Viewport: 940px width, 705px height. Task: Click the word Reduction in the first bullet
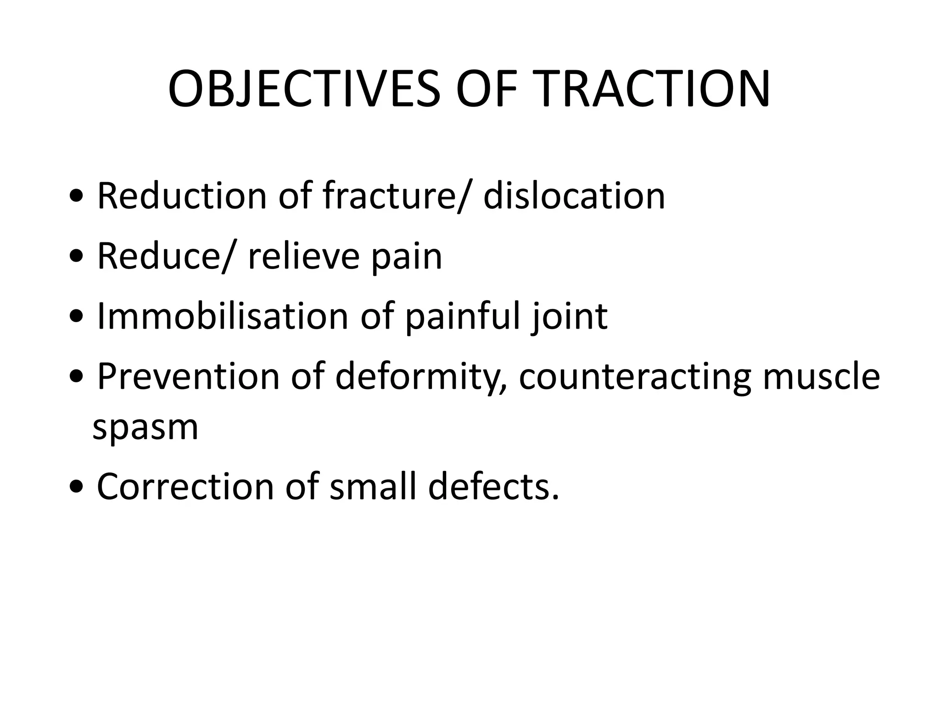click(x=182, y=196)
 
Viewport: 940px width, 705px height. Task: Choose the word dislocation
click(x=574, y=196)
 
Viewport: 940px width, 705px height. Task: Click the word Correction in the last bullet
click(x=185, y=487)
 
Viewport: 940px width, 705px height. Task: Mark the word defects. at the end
click(x=494, y=487)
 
